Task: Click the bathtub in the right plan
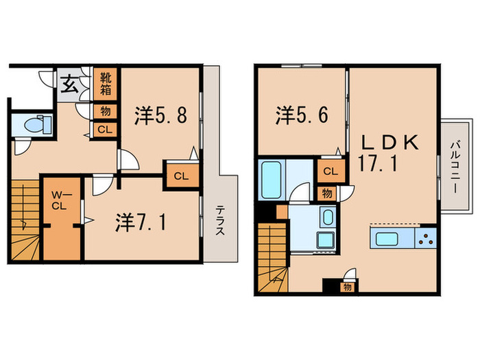coord(272,179)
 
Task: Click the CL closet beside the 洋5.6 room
coord(329,171)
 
